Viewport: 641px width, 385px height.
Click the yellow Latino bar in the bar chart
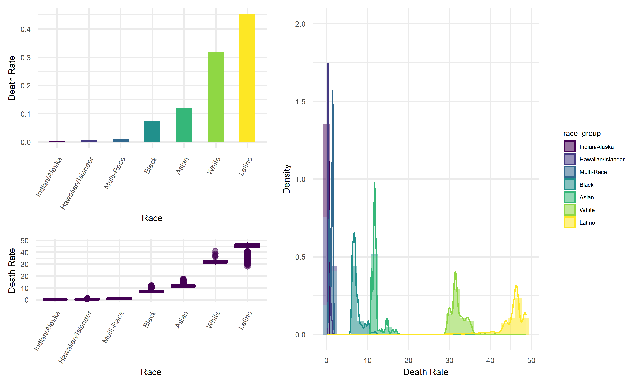coord(247,78)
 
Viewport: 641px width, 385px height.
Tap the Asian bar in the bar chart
coord(184,125)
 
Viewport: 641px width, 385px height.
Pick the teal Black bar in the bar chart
coord(152,132)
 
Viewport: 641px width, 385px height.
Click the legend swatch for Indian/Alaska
coord(569,147)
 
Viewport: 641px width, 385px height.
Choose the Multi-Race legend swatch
coord(569,172)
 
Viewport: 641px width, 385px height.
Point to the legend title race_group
coord(582,134)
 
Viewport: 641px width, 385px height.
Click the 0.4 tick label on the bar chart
coord(25,29)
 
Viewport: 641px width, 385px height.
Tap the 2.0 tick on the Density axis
coord(300,24)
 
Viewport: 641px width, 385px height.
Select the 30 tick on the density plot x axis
coord(449,360)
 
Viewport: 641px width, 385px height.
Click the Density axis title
coord(286,179)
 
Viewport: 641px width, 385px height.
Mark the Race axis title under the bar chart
coord(152,218)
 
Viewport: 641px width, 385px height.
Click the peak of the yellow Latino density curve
coord(516,286)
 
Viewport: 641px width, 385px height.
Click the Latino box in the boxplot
coord(247,245)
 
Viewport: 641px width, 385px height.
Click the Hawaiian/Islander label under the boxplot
coord(75,337)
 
